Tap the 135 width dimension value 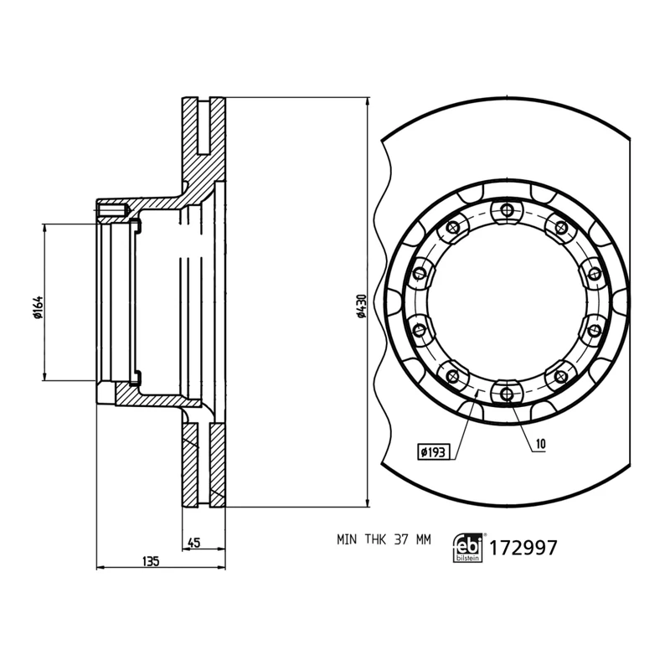(x=151, y=559)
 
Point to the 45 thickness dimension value (x=193, y=542)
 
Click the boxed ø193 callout (x=434, y=451)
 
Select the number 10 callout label (x=541, y=443)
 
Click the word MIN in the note (x=348, y=540)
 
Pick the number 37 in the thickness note (x=401, y=540)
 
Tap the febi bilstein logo (x=467, y=547)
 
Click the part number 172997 (x=523, y=549)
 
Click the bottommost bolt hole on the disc (x=506, y=393)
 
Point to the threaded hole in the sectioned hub (x=111, y=209)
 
